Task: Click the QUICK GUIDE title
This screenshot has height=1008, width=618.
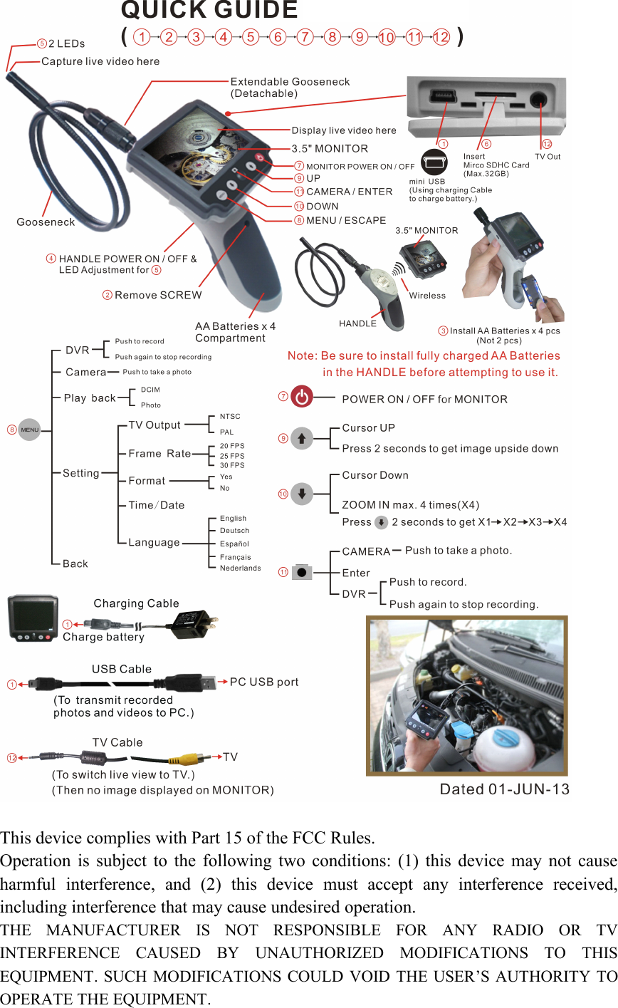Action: [x=209, y=10]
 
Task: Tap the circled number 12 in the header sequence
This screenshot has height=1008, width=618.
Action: [x=441, y=37]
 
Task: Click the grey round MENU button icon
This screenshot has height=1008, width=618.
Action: [x=29, y=430]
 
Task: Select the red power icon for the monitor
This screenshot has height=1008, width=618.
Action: [x=303, y=398]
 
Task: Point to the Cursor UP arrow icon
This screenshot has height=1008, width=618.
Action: [x=302, y=438]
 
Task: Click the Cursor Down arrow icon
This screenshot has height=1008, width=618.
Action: [x=302, y=494]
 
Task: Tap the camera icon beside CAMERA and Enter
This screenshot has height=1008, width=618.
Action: [x=302, y=572]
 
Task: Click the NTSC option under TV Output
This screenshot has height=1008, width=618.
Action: [x=230, y=416]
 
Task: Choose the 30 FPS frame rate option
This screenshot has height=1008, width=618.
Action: [x=231, y=465]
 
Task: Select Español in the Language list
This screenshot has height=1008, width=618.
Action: [x=234, y=544]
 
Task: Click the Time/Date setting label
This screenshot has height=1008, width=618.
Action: [x=156, y=505]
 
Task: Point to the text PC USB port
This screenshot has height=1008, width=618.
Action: [x=264, y=682]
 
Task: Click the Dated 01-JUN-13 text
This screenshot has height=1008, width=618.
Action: [x=504, y=789]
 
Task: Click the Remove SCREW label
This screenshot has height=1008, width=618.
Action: [x=158, y=295]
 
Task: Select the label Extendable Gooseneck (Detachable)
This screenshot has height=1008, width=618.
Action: [x=290, y=88]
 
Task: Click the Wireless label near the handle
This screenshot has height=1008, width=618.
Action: [x=427, y=296]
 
